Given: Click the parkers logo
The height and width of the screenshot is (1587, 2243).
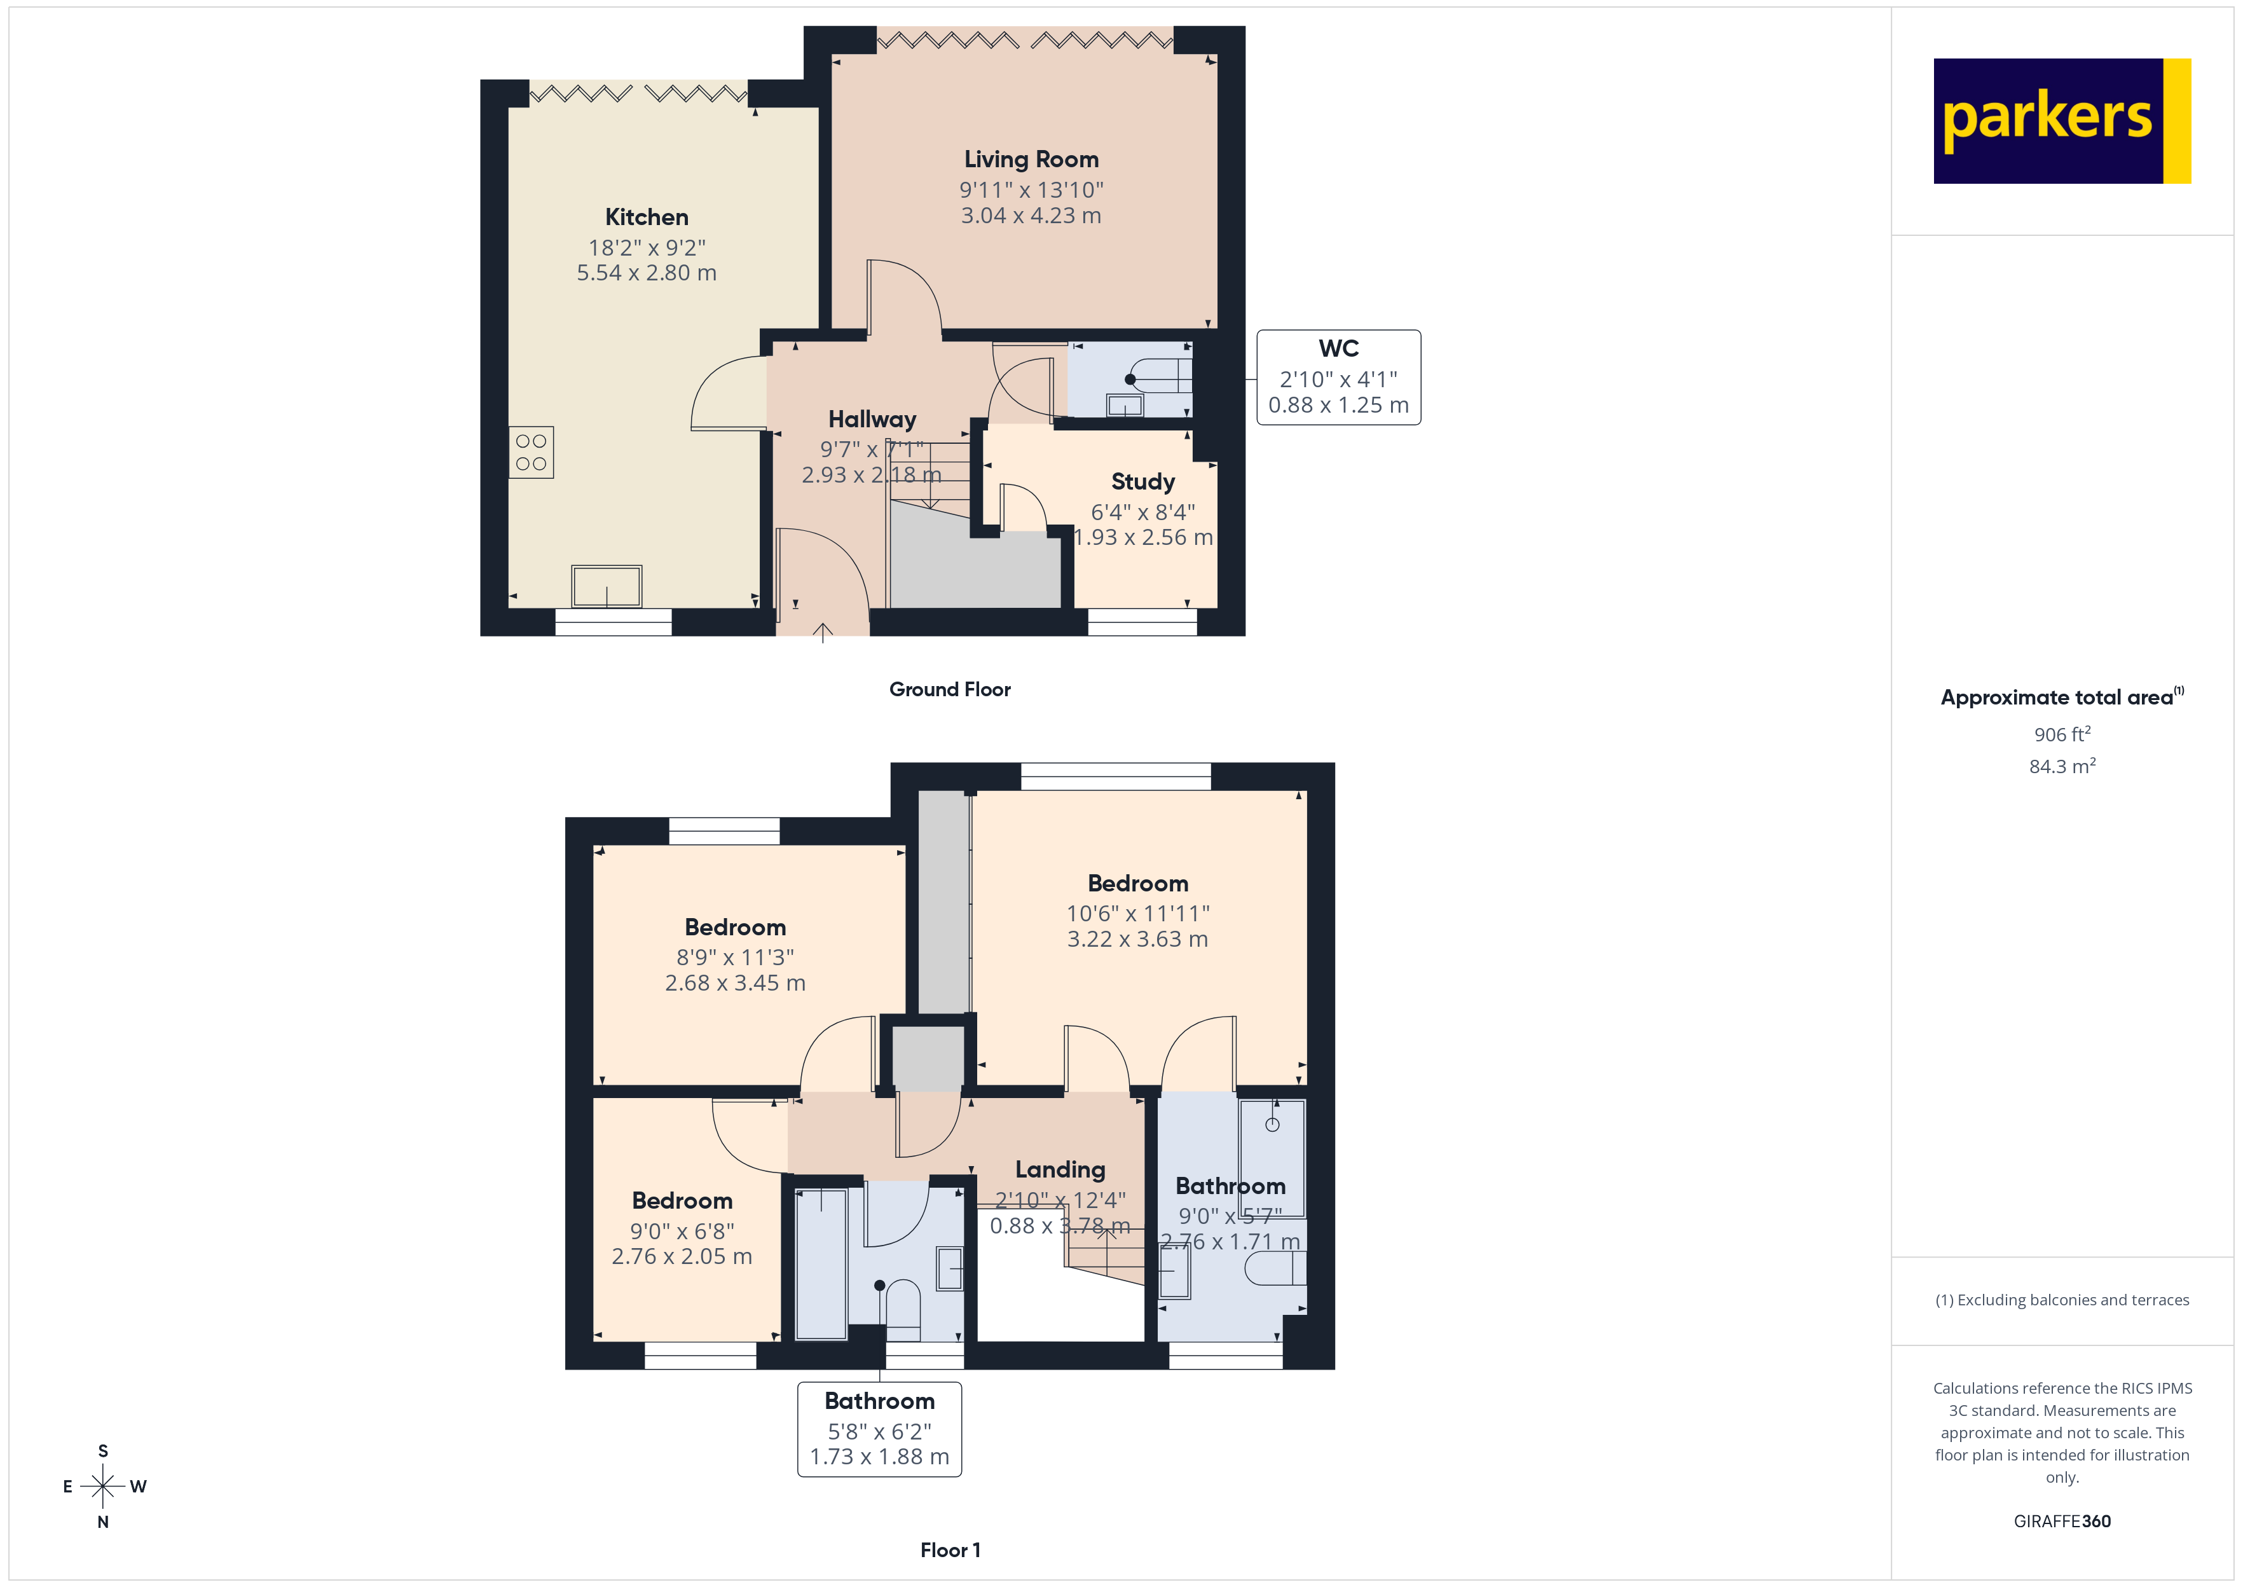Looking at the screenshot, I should [x=2061, y=121].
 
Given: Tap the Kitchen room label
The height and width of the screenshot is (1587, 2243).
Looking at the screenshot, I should [x=646, y=217].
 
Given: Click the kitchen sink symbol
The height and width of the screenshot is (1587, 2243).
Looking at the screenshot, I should [x=606, y=586].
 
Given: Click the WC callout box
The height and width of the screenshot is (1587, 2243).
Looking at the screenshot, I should [x=1338, y=377].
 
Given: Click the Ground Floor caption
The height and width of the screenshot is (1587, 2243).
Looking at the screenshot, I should [x=950, y=690].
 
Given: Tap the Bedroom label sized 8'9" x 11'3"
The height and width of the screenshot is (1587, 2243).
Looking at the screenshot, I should [x=735, y=928].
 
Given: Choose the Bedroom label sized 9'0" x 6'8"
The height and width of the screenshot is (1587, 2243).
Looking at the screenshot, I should [x=682, y=1201].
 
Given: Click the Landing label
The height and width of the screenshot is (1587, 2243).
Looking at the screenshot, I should [x=1060, y=1170].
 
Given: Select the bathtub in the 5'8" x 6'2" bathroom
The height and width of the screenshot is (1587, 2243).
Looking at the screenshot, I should [x=821, y=1263].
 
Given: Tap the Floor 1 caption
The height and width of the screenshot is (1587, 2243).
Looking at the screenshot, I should [x=950, y=1550].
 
